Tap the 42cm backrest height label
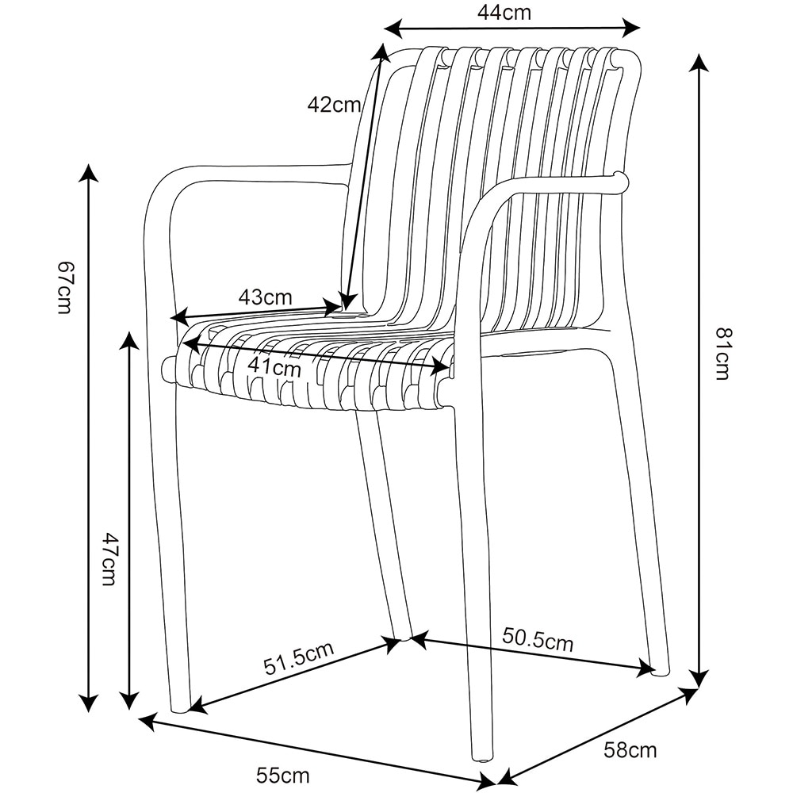click(334, 104)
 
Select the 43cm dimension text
click(266, 297)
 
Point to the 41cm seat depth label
click(274, 367)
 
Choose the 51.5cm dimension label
click(299, 658)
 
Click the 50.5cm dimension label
click(538, 639)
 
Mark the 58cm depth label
click(630, 749)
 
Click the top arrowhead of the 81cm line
click(699, 62)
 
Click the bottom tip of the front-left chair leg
click(181, 708)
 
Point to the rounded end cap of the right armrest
click(621, 182)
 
